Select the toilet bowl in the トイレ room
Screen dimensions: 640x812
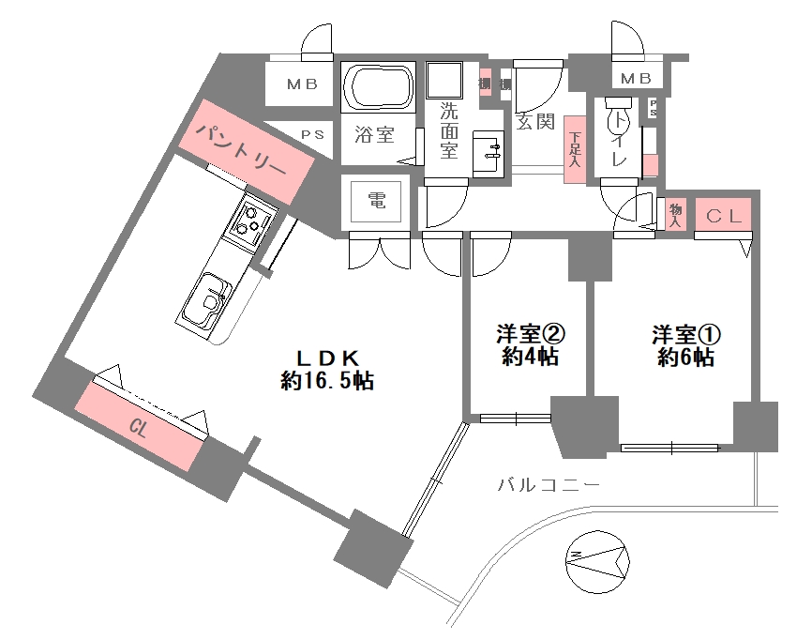(x=618, y=122)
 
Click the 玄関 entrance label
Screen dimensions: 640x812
(x=535, y=121)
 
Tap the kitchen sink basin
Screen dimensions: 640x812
(x=206, y=299)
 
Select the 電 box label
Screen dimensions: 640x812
(x=377, y=199)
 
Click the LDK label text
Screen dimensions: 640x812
(x=328, y=358)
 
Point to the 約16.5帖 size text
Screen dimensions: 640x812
(x=328, y=381)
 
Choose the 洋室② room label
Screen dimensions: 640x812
(x=528, y=334)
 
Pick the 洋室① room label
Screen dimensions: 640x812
(x=686, y=334)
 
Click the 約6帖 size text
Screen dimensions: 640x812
(x=686, y=358)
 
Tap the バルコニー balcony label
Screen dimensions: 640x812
(x=549, y=485)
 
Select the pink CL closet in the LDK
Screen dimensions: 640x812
(x=141, y=428)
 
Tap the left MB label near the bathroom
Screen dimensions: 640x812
(x=302, y=84)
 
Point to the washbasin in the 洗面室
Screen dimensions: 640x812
(x=487, y=150)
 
